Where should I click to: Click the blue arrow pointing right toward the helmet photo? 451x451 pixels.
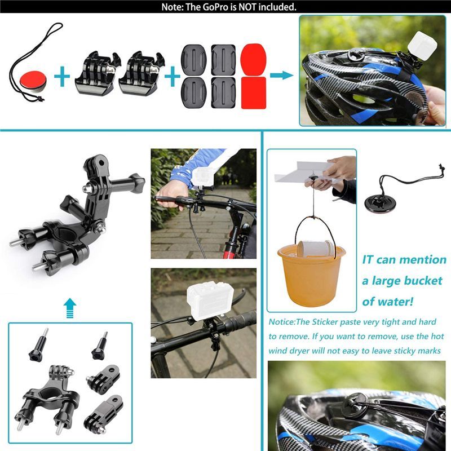point(281,75)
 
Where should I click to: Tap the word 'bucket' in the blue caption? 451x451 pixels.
point(416,280)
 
